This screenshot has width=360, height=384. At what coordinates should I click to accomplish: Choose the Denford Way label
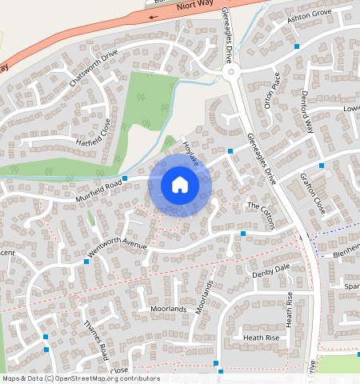tap(309, 117)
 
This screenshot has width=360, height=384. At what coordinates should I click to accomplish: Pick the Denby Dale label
tap(270, 271)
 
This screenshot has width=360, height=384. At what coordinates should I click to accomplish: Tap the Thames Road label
tap(95, 339)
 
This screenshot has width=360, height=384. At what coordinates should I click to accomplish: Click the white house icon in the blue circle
tap(180, 185)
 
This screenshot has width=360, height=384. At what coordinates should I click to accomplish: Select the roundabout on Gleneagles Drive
tap(233, 74)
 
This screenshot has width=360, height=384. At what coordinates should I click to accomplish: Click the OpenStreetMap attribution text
tap(80, 378)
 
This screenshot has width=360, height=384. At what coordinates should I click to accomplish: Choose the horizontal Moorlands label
tap(168, 309)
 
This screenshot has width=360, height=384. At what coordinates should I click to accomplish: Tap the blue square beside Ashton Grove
tap(297, 46)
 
